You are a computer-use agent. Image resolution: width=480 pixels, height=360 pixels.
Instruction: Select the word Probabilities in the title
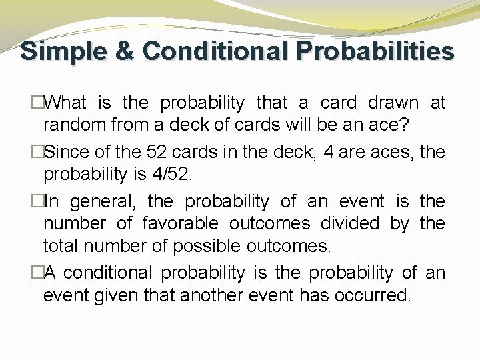coord(375,51)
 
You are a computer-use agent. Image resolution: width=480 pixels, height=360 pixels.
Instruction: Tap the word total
coord(61,245)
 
